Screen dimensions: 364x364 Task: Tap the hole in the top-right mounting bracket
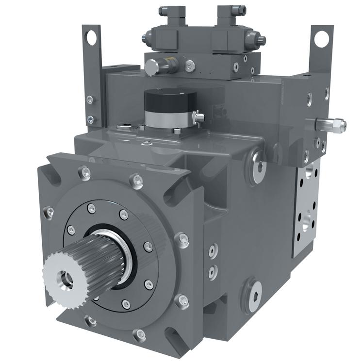coord(321,39)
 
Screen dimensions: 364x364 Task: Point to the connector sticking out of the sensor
coord(198,117)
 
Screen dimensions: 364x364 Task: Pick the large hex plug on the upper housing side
coord(258,166)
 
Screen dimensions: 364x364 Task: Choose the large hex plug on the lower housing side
coord(253,293)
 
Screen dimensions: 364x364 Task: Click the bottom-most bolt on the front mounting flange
coord(140,334)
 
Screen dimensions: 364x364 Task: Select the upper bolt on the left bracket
coord(90,99)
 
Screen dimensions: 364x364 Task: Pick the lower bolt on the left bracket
coord(90,118)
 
